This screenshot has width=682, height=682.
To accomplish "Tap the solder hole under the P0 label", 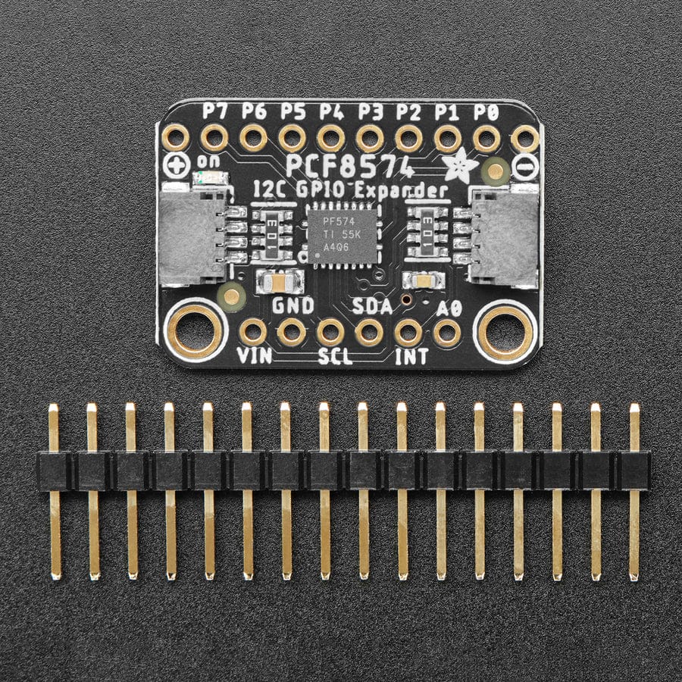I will tap(486, 139).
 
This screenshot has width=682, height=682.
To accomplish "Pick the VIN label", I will tap(254, 356).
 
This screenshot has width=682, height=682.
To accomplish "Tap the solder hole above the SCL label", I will tap(330, 332).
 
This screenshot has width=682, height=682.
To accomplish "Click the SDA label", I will tap(372, 307).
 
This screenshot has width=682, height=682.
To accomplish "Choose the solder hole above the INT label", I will tap(408, 332).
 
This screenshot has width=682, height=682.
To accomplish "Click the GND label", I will tap(293, 307).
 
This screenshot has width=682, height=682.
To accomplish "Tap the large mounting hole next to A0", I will tap(506, 330).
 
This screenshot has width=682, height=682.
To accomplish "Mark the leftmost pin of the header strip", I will tap(54, 493).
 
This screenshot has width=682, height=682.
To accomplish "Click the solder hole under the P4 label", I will tap(330, 139).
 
